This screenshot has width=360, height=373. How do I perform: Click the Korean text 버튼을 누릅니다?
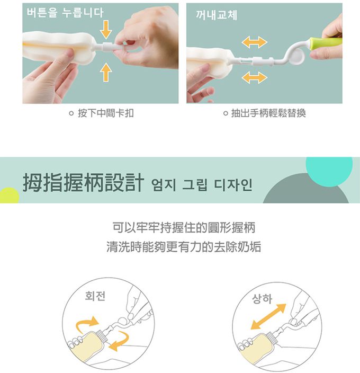pyautogui.click(x=65, y=13)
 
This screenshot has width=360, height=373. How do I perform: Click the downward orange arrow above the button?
pyautogui.click(x=106, y=29)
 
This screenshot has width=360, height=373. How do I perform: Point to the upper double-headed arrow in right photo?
pyautogui.click(x=254, y=42)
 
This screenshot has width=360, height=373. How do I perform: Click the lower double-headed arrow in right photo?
pyautogui.click(x=254, y=78)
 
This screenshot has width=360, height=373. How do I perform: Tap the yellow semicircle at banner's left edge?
pyautogui.click(x=7, y=196)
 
